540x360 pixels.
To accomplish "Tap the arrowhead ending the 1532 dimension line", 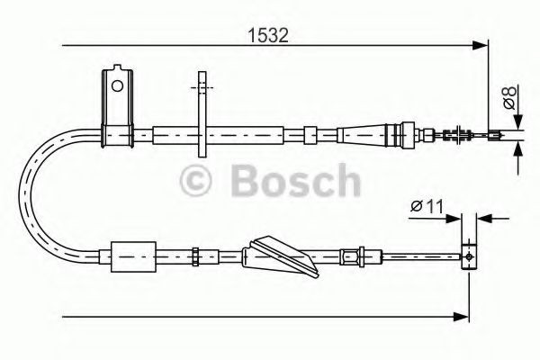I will coord(481,43).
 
